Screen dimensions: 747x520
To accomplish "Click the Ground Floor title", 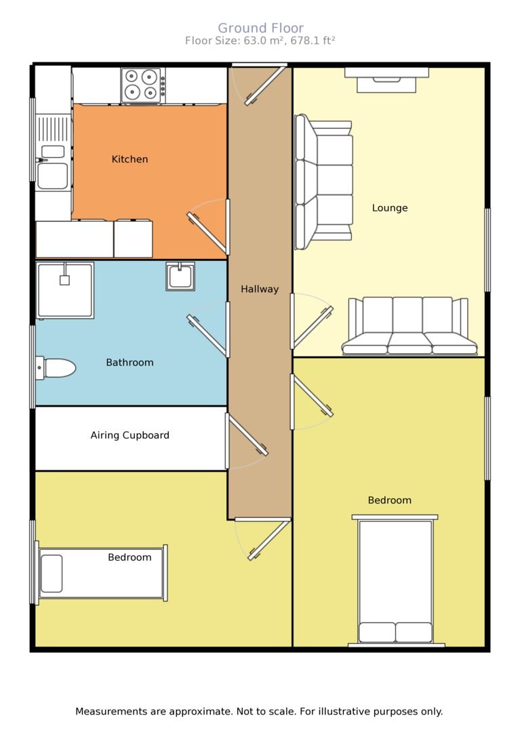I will point(260,28).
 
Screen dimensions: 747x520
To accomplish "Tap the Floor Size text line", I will point(260,41).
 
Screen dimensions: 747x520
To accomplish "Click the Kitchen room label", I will point(129,159).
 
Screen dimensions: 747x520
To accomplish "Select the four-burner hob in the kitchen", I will point(142,85).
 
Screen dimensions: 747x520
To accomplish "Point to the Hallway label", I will point(260,289).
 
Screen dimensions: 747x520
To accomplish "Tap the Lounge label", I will point(390,207).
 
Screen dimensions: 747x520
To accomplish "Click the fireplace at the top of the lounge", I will point(386,80).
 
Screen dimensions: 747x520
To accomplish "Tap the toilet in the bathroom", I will point(56,368).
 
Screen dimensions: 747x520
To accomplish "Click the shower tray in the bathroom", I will point(64,290).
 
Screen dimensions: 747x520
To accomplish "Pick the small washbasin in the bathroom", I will point(180,276).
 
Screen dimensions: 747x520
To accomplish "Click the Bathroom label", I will point(129,363).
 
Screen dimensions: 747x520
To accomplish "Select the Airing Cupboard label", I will point(129,435).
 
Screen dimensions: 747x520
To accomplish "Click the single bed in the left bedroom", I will point(102,573).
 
